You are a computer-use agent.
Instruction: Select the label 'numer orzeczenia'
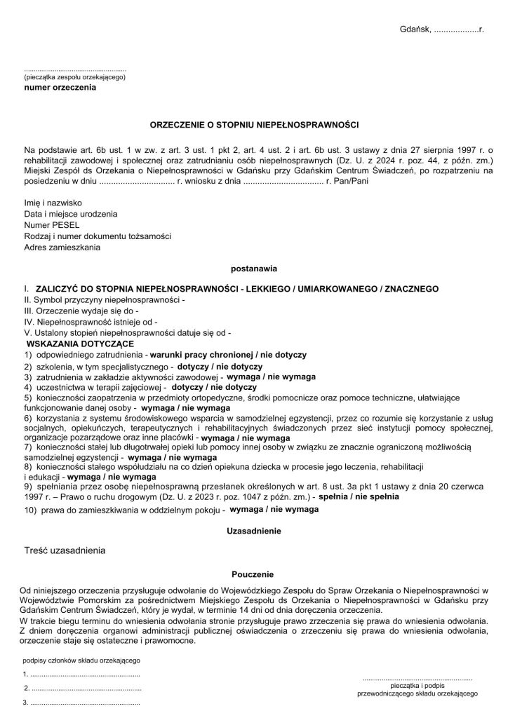[60, 88]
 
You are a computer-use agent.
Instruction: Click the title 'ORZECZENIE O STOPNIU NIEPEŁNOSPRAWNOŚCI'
[254, 126]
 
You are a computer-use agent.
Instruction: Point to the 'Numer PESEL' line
[52, 224]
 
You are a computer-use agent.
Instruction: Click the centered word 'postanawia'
[253, 268]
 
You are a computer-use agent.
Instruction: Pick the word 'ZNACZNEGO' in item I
[410, 289]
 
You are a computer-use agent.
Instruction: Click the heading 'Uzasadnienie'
[253, 531]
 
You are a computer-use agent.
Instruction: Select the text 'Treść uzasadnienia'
[65, 550]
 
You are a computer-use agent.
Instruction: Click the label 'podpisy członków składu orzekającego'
[82, 660]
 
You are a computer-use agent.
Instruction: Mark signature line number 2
[82, 687]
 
